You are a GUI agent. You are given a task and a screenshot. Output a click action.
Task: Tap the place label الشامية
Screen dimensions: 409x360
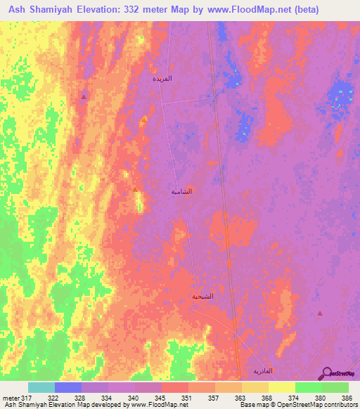[x=181, y=191]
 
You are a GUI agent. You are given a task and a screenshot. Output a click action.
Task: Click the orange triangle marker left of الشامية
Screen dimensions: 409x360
[x=135, y=189]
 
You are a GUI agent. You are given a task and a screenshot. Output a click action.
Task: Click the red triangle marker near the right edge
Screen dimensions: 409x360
[x=320, y=313]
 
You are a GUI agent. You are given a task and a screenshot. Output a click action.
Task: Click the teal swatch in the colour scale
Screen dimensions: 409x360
[x=41, y=387]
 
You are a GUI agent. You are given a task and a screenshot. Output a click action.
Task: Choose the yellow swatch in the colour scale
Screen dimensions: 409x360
[x=281, y=387]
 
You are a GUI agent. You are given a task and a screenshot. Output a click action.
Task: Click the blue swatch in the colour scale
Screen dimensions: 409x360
[x=68, y=387]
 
